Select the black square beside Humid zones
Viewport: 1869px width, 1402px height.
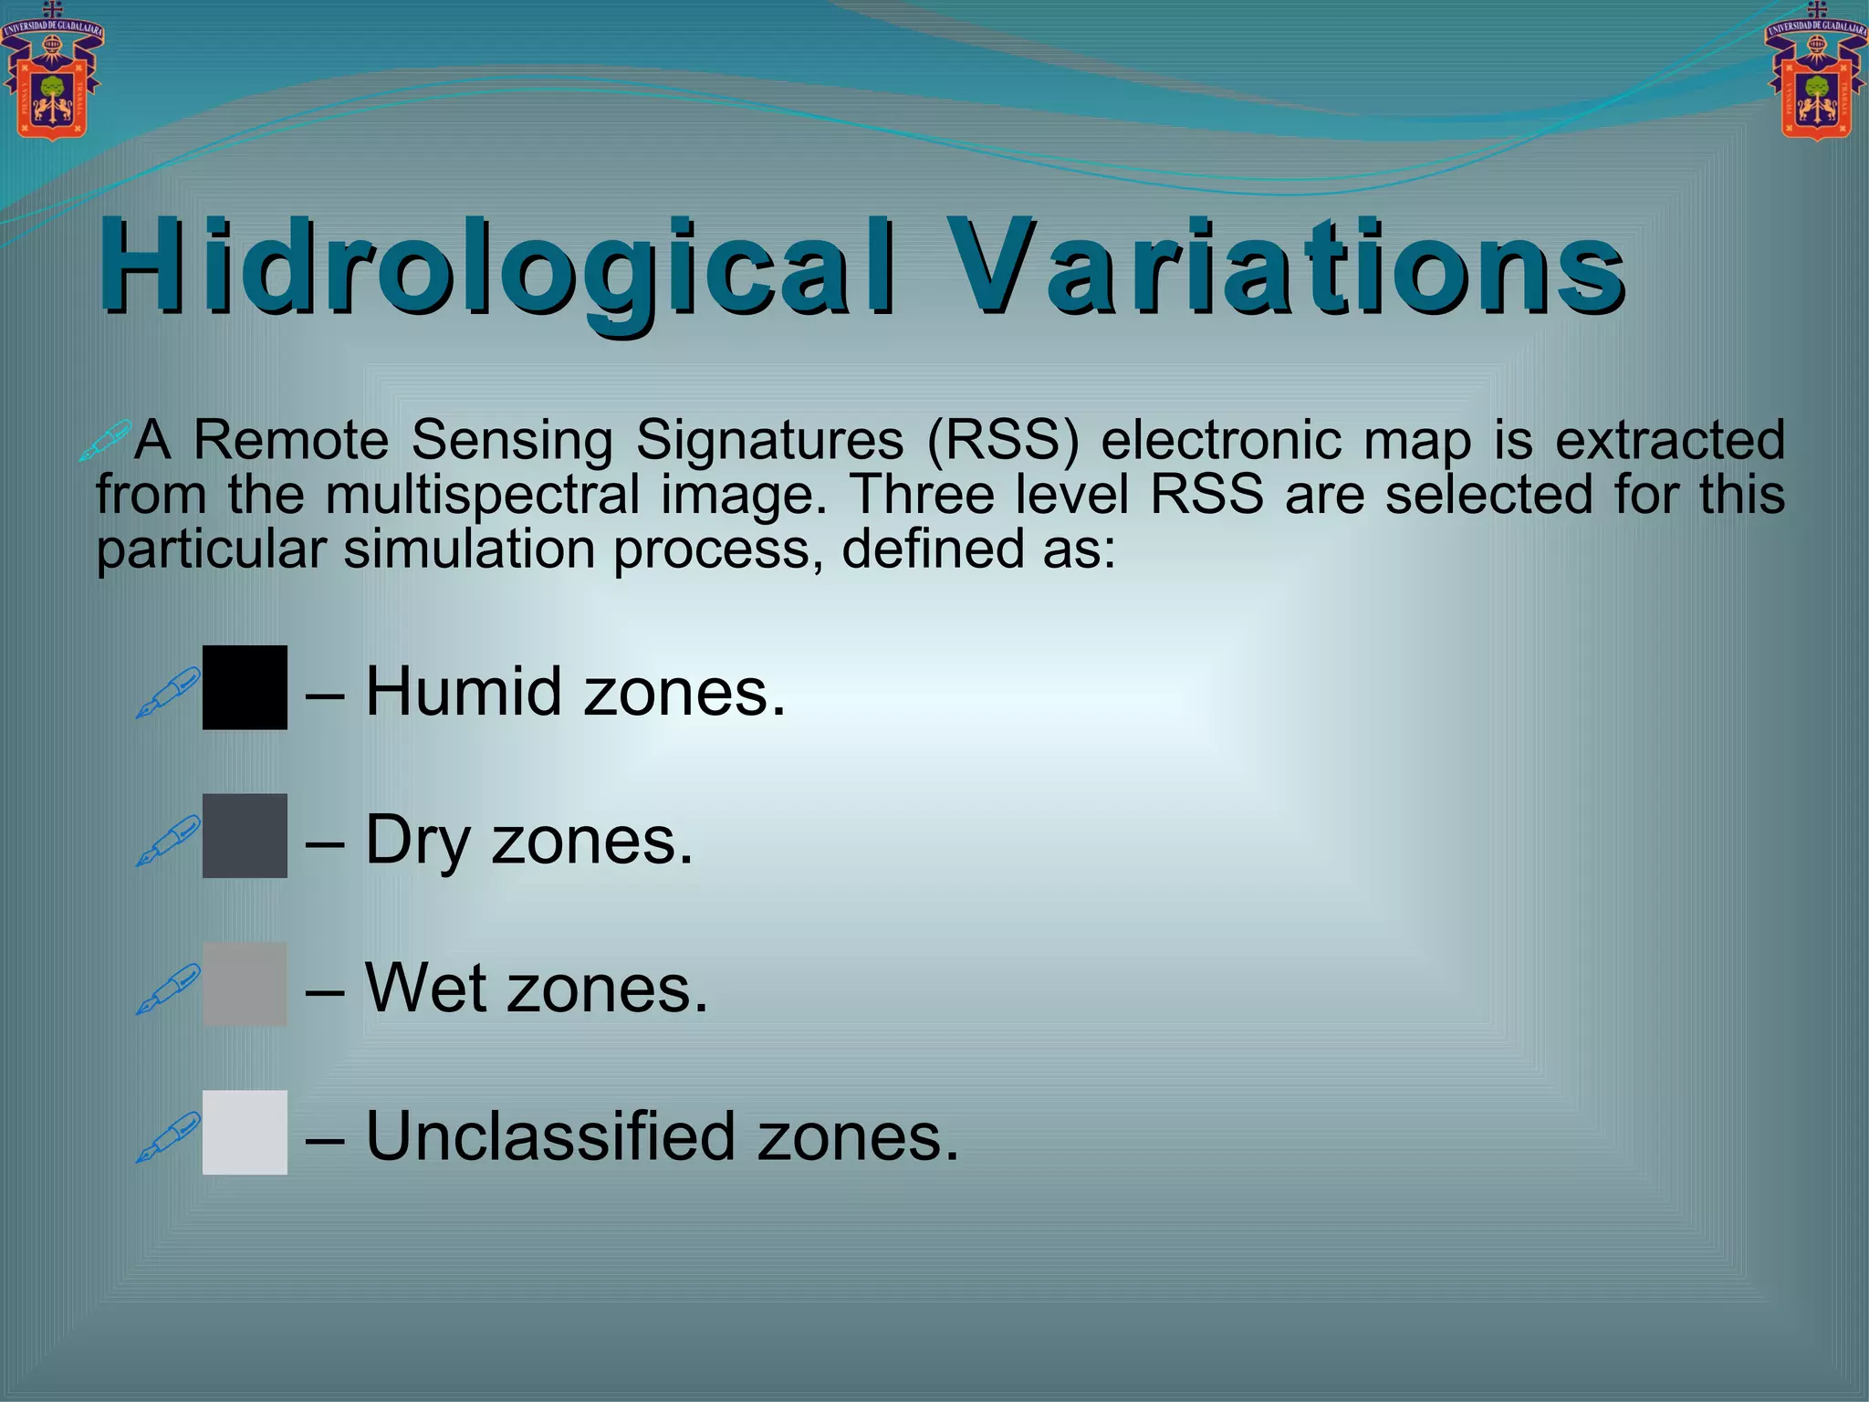(x=245, y=687)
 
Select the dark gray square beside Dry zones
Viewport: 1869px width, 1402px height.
(x=245, y=835)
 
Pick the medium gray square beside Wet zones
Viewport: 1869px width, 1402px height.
(x=245, y=984)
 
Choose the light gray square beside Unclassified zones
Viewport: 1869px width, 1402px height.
(x=245, y=1132)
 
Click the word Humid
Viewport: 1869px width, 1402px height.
(x=463, y=691)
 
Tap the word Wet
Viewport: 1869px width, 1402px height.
(x=424, y=989)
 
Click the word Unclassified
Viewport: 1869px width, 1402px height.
(x=550, y=1136)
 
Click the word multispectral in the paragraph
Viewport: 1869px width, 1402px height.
(x=483, y=496)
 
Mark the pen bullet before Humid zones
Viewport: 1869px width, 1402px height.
(x=169, y=692)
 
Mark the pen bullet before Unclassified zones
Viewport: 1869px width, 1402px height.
(x=169, y=1136)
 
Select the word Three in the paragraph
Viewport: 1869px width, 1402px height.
(x=922, y=496)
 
